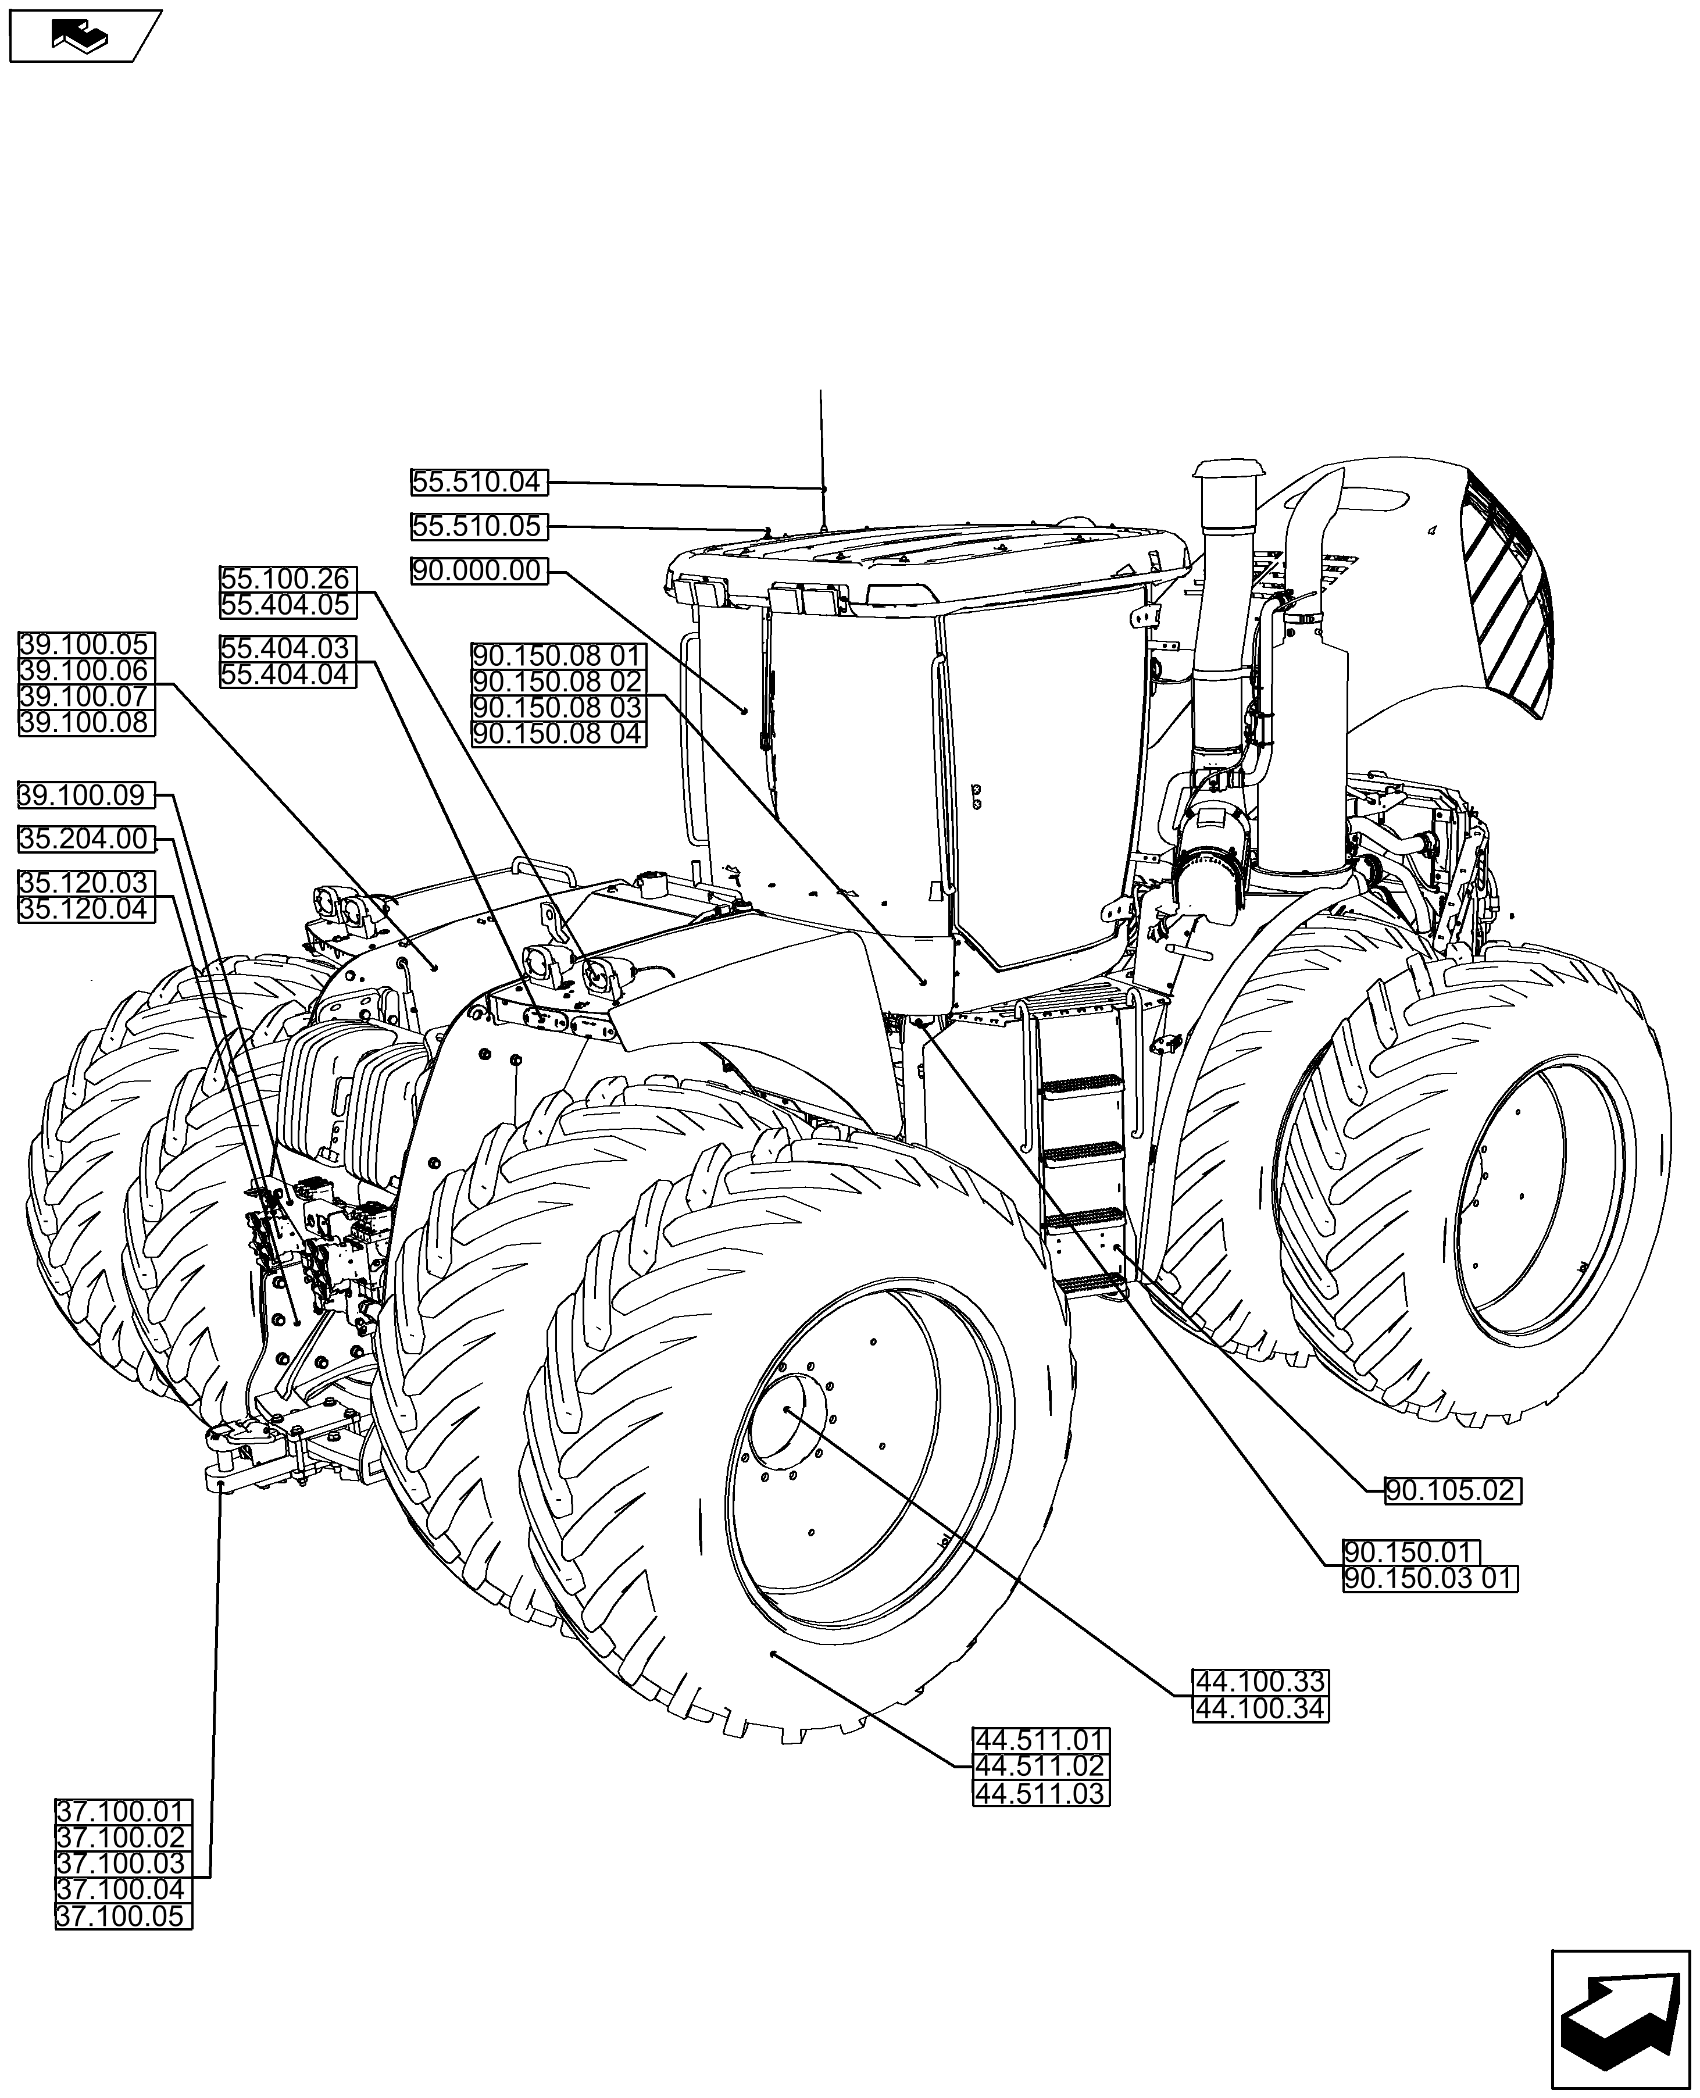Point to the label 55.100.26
287,579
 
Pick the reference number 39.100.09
86,795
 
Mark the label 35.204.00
86,840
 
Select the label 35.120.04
86,910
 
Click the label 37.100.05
123,1917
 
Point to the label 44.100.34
1260,1736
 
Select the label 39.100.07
86,697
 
